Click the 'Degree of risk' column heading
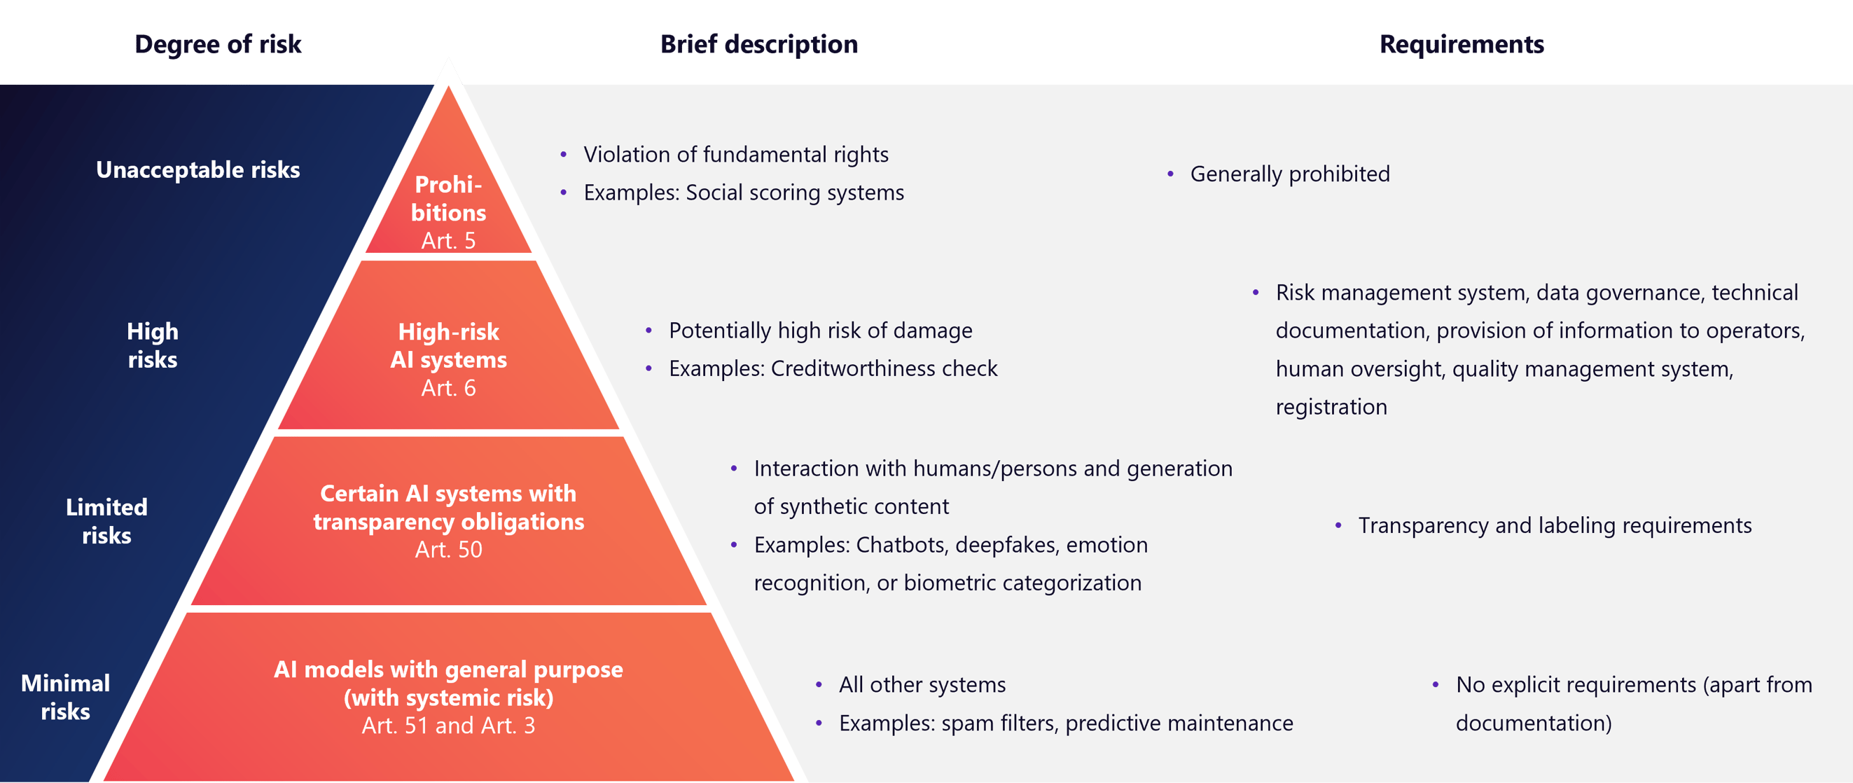coord(218,45)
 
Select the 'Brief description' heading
coord(759,45)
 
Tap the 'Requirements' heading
coord(1462,45)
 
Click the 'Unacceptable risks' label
coord(197,170)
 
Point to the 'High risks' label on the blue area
coord(153,345)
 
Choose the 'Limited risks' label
coord(106,521)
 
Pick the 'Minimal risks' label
coord(65,697)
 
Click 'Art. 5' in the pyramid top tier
coord(448,240)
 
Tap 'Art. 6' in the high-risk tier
coord(448,388)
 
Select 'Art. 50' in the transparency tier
coord(448,549)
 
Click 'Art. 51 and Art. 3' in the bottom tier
coord(448,726)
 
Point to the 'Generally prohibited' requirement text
coord(1290,174)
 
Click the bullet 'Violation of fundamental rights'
coord(736,155)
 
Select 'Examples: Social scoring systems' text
coord(744,193)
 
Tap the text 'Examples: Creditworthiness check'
coord(833,368)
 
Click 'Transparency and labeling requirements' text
coord(1555,525)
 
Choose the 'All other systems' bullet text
coord(922,685)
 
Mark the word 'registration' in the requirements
coord(1331,408)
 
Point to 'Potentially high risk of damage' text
coord(821,331)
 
